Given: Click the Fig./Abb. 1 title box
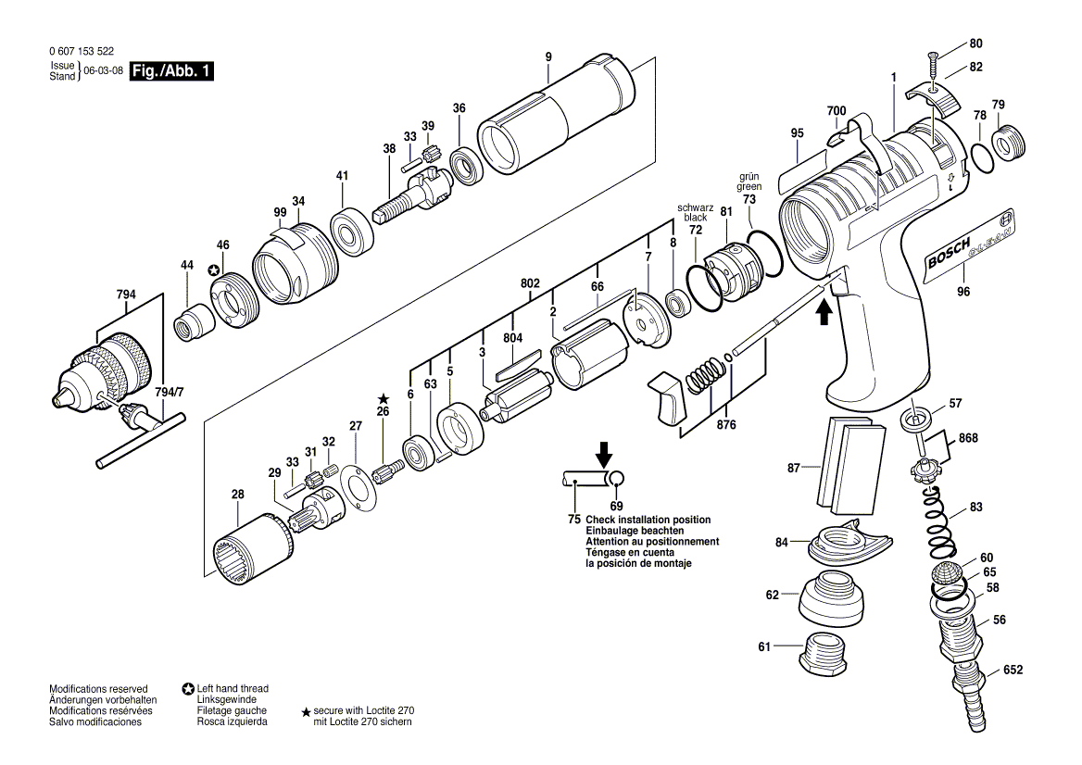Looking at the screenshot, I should point(171,71).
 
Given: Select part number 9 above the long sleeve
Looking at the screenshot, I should point(548,57).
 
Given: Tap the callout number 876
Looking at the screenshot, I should point(726,425).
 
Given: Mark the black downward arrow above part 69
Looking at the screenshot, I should point(604,455).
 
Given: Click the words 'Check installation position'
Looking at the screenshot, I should point(648,520).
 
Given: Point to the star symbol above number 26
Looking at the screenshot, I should point(383,398).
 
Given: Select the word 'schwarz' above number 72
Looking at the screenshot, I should point(696,207).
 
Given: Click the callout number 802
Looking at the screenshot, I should point(529,282).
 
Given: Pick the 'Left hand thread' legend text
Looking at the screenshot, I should point(233,689).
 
